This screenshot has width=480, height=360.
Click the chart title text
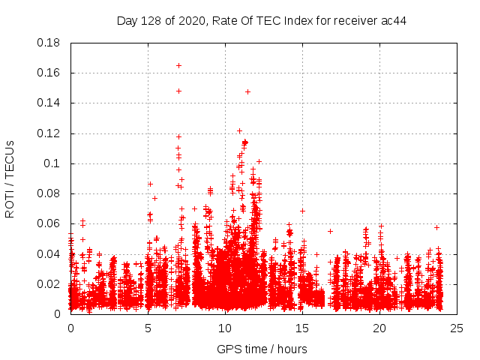pos(262,20)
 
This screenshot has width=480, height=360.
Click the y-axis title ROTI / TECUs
pos(10,178)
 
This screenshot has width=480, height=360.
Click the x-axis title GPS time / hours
pos(262,349)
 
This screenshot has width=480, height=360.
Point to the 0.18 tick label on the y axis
pos(49,43)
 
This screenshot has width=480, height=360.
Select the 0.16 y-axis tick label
pos(49,73)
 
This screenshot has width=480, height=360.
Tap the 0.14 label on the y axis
pos(49,103)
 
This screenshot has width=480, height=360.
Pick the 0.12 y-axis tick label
pos(49,133)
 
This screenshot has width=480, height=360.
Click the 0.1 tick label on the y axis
pos(52,163)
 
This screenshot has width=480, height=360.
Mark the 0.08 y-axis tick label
pos(49,193)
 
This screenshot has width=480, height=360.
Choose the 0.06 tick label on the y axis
pos(49,223)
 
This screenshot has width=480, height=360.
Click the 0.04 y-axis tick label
pos(49,253)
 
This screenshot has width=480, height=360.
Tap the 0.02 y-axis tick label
pos(49,283)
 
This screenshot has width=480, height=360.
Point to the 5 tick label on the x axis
pos(148,328)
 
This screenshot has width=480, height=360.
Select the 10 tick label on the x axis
pos(225,328)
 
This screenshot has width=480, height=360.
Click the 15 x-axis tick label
pos(302,328)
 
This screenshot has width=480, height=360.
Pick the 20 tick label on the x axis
pos(379,328)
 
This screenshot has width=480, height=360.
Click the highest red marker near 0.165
pos(178,65)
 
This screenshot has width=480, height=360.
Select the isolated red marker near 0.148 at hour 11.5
pos(247,91)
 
